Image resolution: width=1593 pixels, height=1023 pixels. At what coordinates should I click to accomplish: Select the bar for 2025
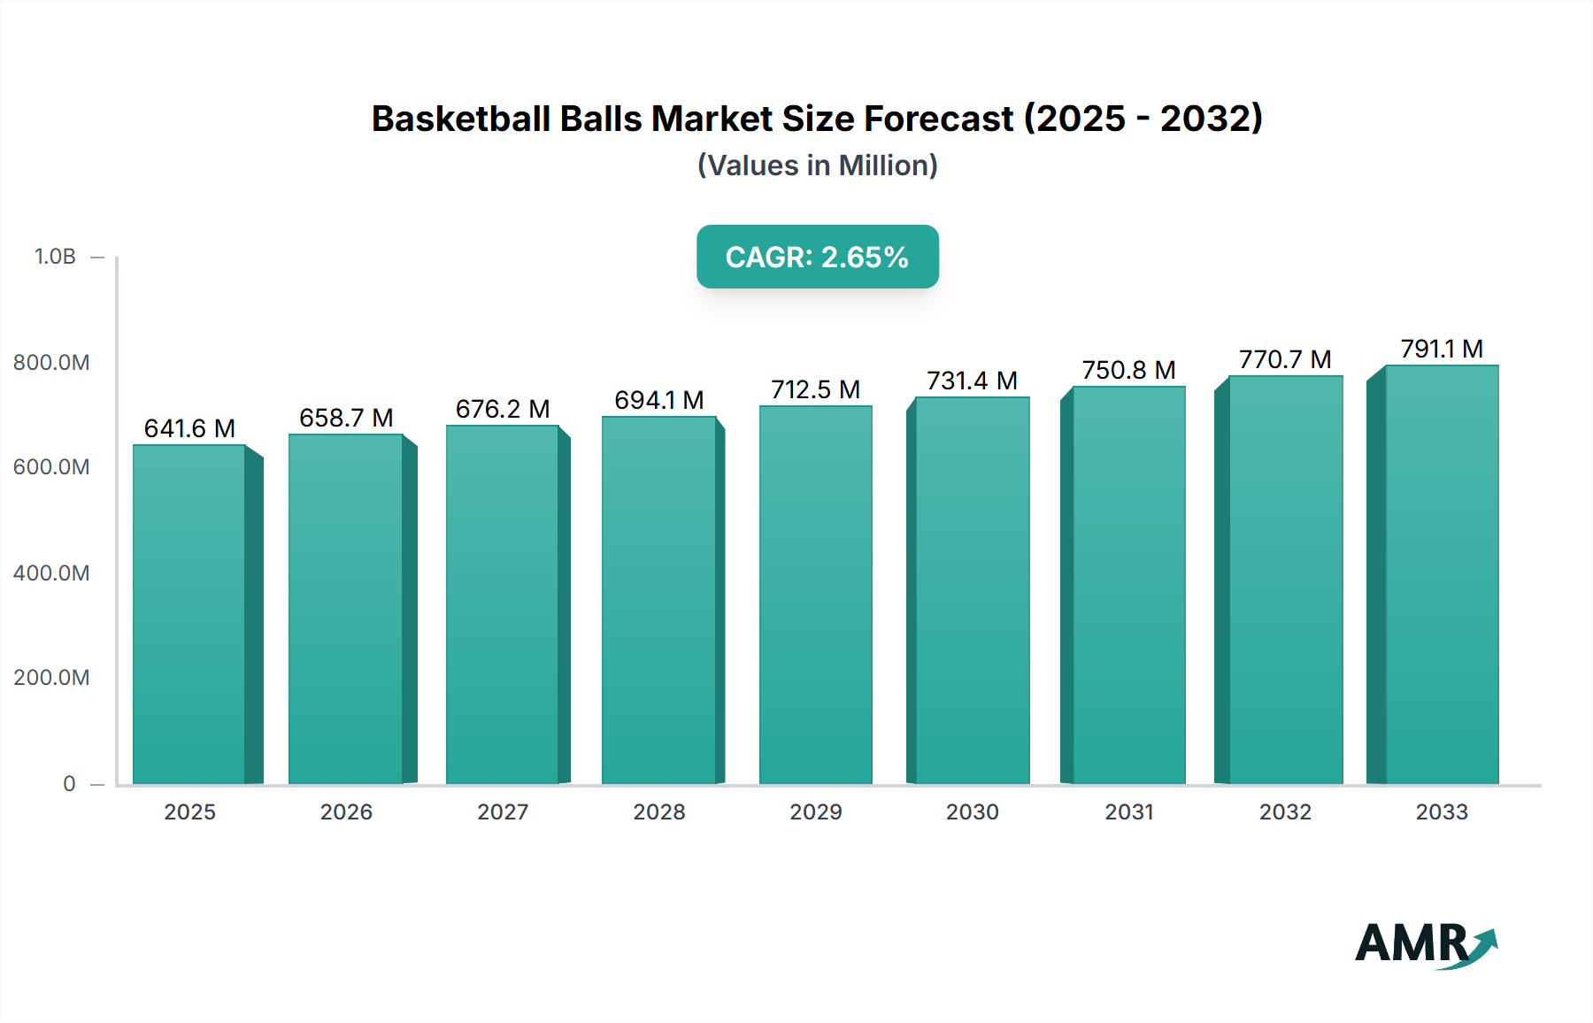[x=189, y=615]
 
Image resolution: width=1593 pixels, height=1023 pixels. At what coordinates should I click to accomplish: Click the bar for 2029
[x=815, y=595]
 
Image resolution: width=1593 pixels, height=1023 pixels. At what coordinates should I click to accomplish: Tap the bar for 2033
[x=1441, y=575]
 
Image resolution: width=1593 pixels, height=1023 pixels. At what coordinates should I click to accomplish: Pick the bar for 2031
[x=1128, y=586]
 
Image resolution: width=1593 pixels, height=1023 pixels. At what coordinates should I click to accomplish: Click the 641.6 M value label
[x=189, y=429]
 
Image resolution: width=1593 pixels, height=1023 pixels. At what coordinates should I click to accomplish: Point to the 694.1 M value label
[x=659, y=401]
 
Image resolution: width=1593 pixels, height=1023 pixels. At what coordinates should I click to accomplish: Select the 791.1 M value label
[x=1441, y=350]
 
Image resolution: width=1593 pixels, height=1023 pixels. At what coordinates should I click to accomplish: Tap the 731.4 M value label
[x=972, y=381]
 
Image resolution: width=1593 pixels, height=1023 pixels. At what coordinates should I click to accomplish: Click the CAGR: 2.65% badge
[x=817, y=257]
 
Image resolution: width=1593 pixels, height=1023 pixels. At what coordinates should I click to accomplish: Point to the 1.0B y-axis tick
[x=55, y=257]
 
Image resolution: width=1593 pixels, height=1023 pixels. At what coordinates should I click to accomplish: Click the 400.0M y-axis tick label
[x=51, y=573]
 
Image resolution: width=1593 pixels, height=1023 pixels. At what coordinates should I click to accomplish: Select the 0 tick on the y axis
[x=69, y=784]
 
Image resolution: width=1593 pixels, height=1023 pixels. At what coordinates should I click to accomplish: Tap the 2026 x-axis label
[x=346, y=812]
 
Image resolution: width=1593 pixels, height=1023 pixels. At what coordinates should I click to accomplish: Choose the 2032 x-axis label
[x=1285, y=812]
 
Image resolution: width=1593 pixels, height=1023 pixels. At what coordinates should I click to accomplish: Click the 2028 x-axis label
[x=659, y=812]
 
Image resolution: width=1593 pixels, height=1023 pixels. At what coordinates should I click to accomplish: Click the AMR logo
[x=1426, y=944]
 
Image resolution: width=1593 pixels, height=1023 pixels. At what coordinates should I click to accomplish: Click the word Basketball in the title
[x=460, y=119]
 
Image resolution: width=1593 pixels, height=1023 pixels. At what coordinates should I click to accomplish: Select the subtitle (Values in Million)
[x=817, y=165]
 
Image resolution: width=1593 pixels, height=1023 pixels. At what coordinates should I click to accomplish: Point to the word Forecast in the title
[x=939, y=119]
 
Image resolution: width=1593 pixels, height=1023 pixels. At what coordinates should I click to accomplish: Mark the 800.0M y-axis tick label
[x=51, y=363]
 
